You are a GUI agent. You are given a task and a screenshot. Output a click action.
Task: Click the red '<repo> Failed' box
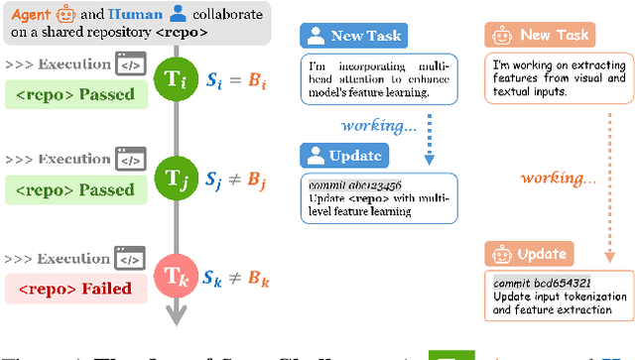(x=76, y=289)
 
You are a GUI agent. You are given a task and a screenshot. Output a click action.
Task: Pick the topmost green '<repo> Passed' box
(x=76, y=97)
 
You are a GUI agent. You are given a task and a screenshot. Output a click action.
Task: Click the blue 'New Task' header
(x=351, y=36)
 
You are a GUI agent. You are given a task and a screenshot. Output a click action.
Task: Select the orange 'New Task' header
(x=540, y=36)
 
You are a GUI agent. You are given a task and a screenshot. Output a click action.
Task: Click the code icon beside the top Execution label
(x=131, y=64)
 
